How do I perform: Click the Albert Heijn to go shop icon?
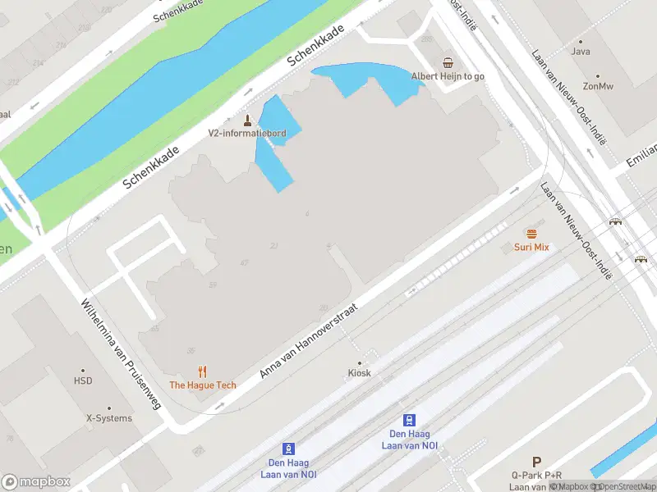click(448, 62)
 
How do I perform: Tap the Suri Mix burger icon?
click(531, 234)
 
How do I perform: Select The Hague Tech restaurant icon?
click(202, 371)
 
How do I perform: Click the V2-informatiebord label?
click(246, 133)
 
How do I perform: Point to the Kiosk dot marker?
click(359, 362)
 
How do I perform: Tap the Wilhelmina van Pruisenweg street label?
click(121, 353)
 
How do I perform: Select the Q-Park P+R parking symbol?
click(536, 462)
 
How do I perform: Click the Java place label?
click(581, 52)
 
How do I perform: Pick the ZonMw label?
click(598, 85)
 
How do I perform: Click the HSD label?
click(83, 381)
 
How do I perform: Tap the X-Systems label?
click(109, 418)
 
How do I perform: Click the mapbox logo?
click(36, 481)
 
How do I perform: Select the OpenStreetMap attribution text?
click(625, 486)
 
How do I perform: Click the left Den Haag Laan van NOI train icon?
click(288, 449)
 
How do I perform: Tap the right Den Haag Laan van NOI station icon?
click(409, 420)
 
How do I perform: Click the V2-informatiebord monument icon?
click(246, 120)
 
